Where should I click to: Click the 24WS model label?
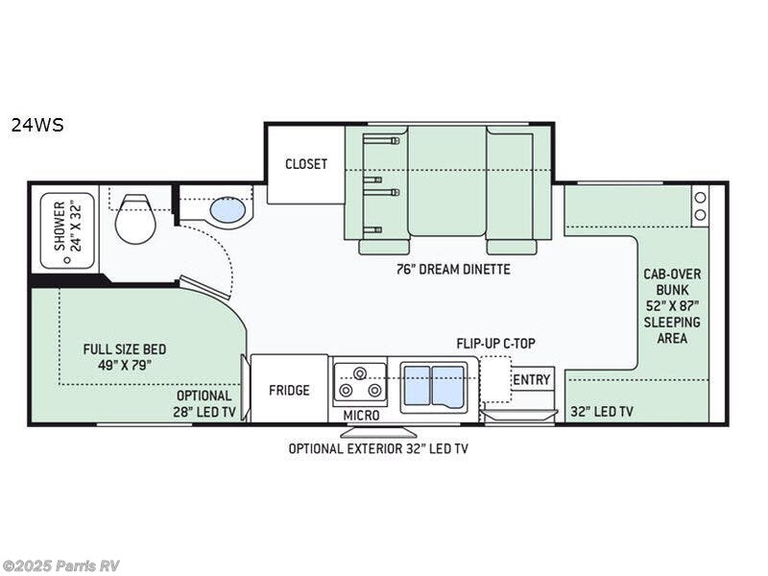[37, 124]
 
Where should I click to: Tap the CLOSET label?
[305, 164]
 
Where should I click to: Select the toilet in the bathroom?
[135, 220]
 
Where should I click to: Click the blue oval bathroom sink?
[228, 209]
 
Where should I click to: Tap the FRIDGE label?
[289, 390]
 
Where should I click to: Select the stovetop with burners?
[359, 384]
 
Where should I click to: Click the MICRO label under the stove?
[361, 416]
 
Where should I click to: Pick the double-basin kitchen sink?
[433, 386]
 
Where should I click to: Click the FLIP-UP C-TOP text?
[495, 343]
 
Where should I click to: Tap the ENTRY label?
[532, 380]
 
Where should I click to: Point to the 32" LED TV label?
[601, 412]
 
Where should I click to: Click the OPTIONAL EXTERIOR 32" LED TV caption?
[379, 448]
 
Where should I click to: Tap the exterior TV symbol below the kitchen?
[378, 431]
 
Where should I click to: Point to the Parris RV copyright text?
[60, 565]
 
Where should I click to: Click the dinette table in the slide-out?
[446, 180]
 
